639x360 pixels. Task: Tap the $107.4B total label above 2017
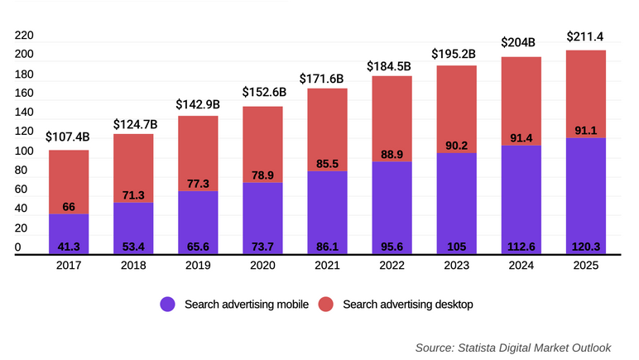(x=68, y=137)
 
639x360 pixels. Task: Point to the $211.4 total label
(x=585, y=36)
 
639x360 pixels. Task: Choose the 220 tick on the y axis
(x=24, y=36)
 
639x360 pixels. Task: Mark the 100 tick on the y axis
(x=24, y=152)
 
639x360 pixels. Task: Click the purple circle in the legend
(x=168, y=305)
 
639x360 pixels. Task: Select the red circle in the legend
(x=325, y=305)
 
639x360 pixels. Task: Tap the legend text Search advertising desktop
(x=407, y=305)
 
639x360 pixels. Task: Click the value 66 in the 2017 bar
(x=69, y=206)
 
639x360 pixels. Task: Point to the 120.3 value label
(x=585, y=247)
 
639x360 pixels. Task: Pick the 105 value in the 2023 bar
(x=456, y=247)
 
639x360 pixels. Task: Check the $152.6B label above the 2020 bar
(x=263, y=92)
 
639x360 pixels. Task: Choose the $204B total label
(x=520, y=43)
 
